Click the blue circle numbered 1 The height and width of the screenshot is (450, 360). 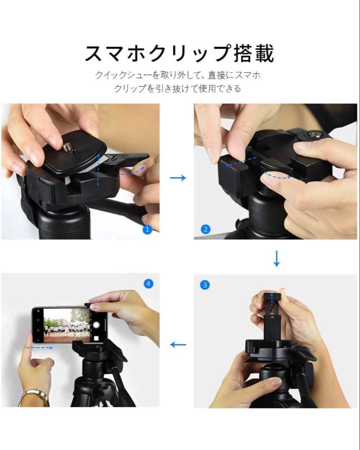[x=147, y=229]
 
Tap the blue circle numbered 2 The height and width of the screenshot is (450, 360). [x=205, y=229]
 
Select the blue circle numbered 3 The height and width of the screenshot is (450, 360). [x=205, y=285]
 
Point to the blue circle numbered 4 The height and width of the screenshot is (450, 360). [x=148, y=284]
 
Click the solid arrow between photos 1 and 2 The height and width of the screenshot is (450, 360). [x=178, y=178]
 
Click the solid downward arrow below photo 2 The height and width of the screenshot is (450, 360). [x=277, y=259]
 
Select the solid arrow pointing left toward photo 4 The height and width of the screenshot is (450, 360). [x=178, y=345]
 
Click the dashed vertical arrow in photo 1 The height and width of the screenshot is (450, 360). [x=98, y=169]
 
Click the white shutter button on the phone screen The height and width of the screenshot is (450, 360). [x=97, y=325]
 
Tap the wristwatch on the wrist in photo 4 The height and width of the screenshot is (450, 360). [x=34, y=398]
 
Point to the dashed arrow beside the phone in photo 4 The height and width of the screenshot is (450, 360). [x=39, y=348]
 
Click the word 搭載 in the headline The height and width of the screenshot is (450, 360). [x=254, y=53]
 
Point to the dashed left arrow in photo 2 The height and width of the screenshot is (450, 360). [x=241, y=162]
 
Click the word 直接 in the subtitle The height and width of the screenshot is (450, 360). [x=216, y=75]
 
